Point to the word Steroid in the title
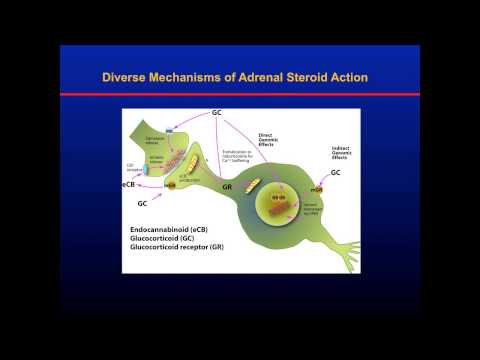pos(323,77)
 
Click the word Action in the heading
pos(371,77)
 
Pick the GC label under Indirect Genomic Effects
pos(364,173)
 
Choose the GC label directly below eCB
pos(141,203)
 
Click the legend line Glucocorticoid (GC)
pos(163,242)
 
